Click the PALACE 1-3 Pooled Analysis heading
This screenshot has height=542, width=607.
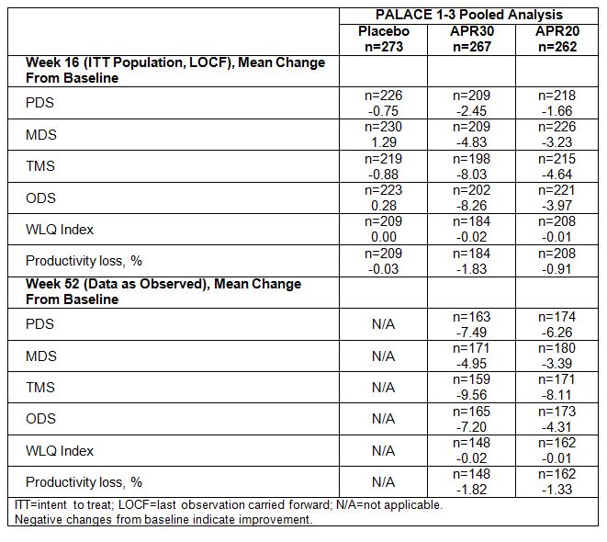coord(468,15)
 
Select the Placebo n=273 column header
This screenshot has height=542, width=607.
coord(383,39)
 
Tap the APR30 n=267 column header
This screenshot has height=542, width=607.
coord(471,39)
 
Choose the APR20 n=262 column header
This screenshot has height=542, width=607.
coord(557,39)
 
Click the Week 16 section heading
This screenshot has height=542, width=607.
coord(174,71)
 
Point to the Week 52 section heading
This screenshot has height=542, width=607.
coord(163,291)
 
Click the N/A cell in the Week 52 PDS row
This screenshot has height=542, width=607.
coord(383,323)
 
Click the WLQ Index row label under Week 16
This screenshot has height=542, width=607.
coord(60,229)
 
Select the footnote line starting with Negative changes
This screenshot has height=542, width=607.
coord(163,519)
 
